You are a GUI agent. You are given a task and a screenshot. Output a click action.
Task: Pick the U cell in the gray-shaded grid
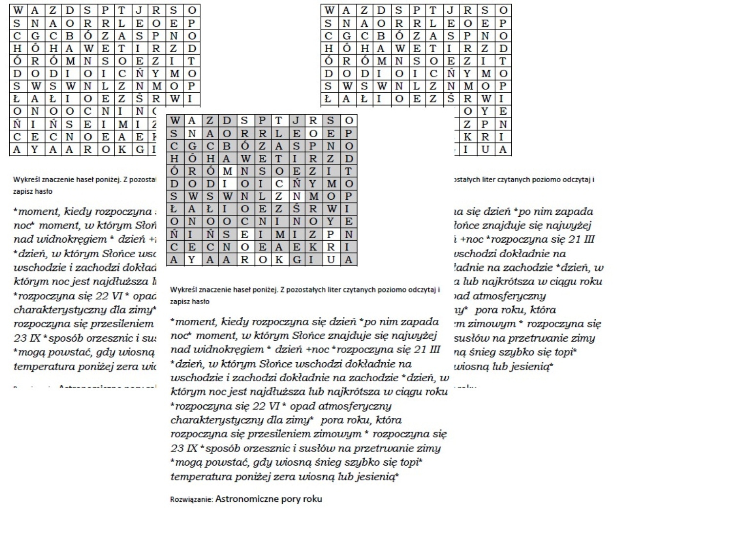click(331, 260)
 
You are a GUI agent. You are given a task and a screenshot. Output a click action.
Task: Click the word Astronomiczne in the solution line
click(241, 499)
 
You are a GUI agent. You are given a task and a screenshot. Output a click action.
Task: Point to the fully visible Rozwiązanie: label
click(191, 499)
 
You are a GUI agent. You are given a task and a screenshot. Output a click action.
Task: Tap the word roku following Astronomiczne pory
click(313, 499)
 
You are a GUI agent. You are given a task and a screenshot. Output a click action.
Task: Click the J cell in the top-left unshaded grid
click(139, 10)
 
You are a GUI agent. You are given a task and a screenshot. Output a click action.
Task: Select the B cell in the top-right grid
click(381, 36)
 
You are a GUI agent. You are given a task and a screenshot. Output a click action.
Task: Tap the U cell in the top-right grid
click(485, 150)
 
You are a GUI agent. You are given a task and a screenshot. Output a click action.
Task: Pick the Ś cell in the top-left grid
click(139, 99)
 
